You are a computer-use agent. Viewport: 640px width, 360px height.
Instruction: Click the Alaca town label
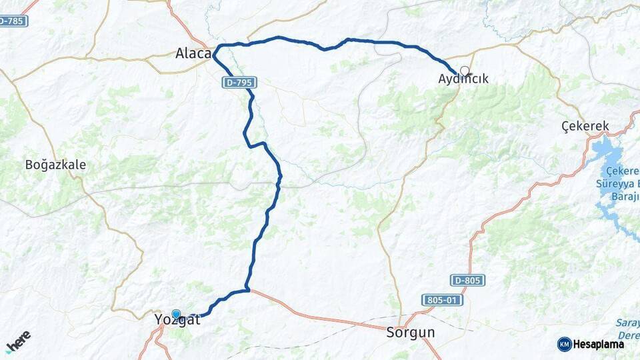tap(193, 53)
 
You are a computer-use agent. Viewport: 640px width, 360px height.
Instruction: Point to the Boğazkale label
tap(55, 165)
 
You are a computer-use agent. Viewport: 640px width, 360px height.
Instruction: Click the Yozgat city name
tap(177, 321)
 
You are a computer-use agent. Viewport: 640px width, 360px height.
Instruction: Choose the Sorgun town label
tap(411, 332)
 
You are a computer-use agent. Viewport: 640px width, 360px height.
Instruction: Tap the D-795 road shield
tap(239, 83)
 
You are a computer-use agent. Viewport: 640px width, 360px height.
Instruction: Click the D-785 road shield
tap(13, 21)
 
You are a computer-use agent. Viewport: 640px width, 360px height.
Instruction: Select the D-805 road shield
tap(467, 281)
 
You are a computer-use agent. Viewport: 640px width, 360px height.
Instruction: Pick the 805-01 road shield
tap(442, 300)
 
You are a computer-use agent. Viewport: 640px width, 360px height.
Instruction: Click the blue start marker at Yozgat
tap(176, 314)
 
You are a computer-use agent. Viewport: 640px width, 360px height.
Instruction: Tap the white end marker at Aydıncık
tap(465, 70)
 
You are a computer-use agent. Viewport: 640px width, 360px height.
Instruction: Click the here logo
tap(18, 341)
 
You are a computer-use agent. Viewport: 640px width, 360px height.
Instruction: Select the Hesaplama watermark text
tap(599, 345)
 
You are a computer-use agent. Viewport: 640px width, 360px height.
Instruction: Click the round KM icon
tap(564, 345)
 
